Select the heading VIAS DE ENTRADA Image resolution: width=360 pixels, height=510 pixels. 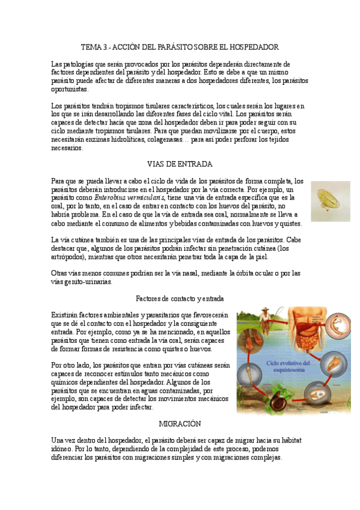tap(179, 164)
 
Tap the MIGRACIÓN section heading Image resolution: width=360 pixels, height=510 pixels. tap(179, 423)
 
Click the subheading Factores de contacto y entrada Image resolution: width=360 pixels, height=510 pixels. tap(180, 298)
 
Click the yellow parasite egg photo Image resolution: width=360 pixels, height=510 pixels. tap(330, 201)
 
